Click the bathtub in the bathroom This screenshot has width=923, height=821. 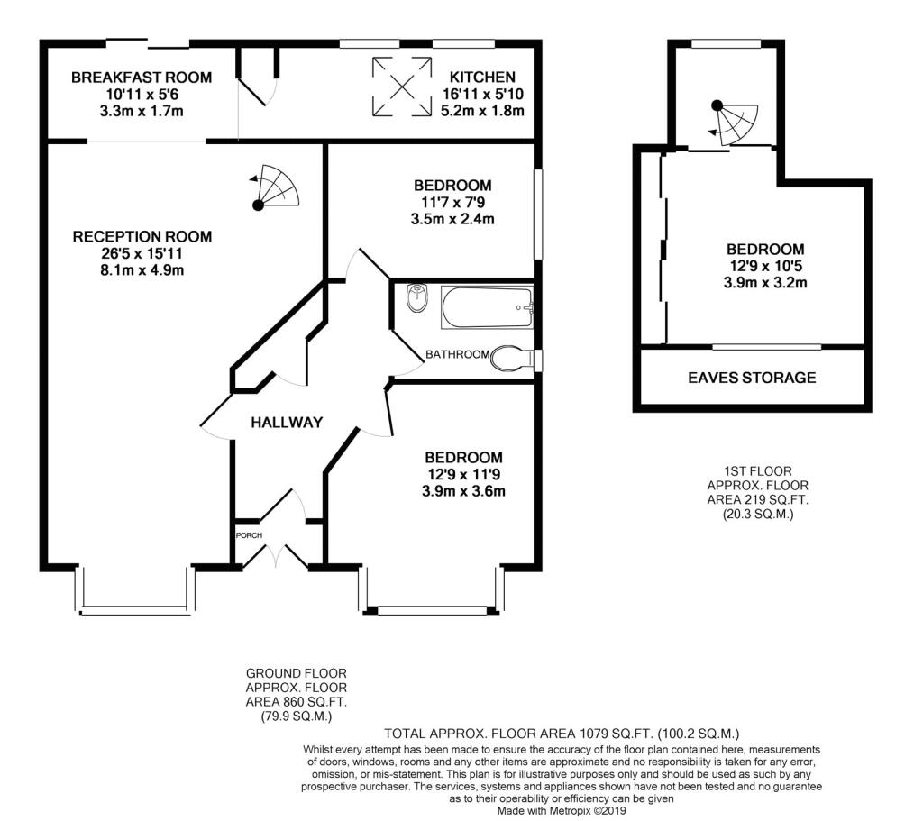pos(487,307)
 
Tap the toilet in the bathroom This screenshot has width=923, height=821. pos(511,359)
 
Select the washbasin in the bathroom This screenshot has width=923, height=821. pos(417,299)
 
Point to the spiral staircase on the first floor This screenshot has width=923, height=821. pos(734,123)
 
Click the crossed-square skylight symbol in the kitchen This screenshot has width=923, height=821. pos(402,86)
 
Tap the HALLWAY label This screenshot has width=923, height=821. pos(287,422)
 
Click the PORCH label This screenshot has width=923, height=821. pos(249,535)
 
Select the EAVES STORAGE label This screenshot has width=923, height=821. pos(752,378)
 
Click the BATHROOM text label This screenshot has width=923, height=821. pos(457,354)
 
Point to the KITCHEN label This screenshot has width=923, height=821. pos(482,78)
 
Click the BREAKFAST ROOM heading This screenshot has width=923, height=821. pos(142,78)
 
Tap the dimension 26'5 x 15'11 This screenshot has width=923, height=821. pos(142,253)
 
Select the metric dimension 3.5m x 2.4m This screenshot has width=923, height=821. pos(452,220)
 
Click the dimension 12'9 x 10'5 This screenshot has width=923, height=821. pos(765,266)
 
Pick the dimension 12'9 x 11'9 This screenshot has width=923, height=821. pos(464,474)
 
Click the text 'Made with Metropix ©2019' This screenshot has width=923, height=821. pos(562,811)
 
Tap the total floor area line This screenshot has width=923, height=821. pos(562,734)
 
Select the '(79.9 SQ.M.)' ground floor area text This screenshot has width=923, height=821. pos(296,716)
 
